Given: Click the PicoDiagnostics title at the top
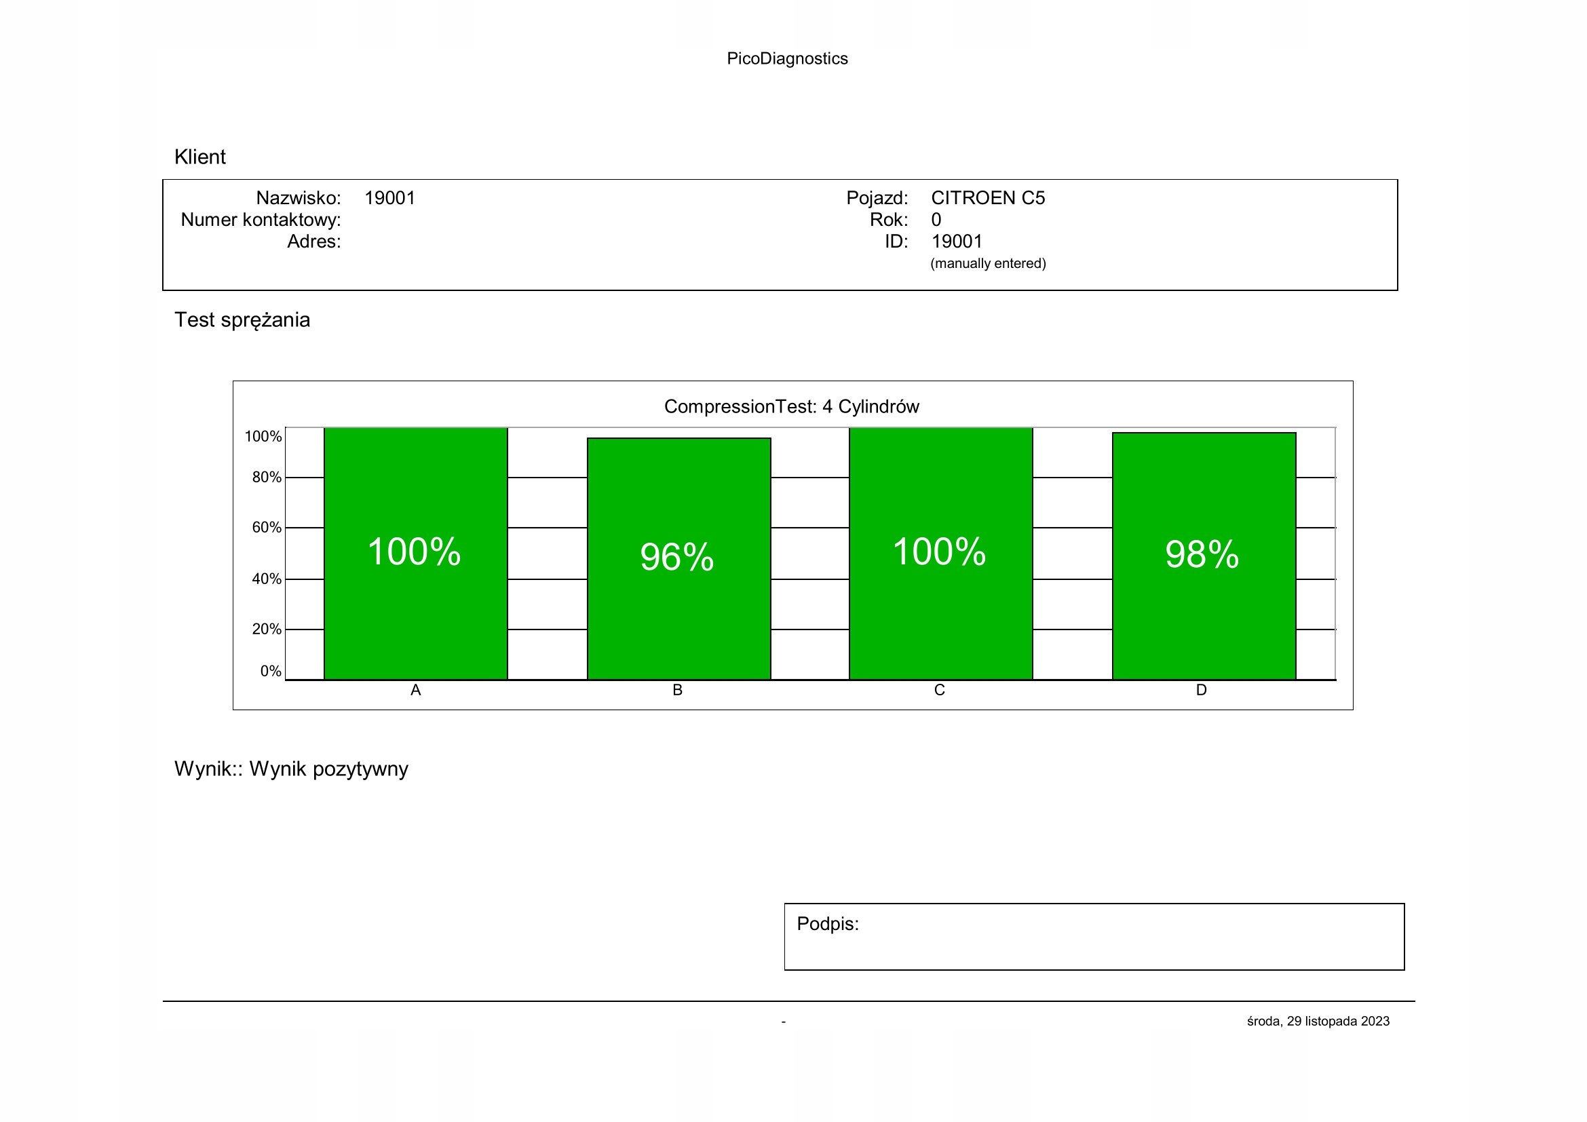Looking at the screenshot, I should (786, 59).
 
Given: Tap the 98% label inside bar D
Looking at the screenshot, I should (1202, 554).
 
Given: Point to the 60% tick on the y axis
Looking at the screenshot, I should (267, 528).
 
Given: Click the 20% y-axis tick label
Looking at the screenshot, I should (267, 630).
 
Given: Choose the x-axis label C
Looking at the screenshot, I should (939, 690).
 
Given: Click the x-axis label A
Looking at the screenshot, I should (415, 690).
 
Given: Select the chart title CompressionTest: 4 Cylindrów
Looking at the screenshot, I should (791, 406).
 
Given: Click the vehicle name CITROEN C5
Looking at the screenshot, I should (988, 198).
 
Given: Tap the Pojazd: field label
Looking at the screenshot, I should (877, 198).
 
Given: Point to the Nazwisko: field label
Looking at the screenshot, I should (299, 198).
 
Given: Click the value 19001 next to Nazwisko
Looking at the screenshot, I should (390, 198).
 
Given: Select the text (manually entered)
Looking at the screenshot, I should (988, 263).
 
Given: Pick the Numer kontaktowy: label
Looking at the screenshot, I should (261, 220).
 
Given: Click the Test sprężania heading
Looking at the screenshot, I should (242, 320).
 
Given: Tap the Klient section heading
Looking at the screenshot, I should (199, 157).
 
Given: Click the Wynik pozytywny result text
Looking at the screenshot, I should (328, 769).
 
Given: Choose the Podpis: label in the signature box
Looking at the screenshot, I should (827, 924).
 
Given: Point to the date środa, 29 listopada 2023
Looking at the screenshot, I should (1318, 1021).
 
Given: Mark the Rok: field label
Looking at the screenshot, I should (889, 220).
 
